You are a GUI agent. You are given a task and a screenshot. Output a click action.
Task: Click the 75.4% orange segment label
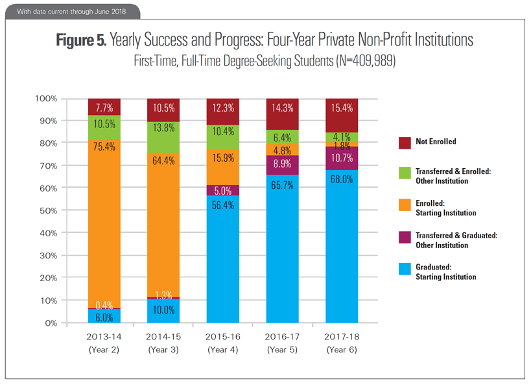104,147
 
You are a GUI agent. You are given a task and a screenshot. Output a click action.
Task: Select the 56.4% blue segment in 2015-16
222,260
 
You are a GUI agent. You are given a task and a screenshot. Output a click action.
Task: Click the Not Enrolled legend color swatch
403,141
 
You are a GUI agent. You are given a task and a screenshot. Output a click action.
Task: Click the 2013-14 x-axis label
104,337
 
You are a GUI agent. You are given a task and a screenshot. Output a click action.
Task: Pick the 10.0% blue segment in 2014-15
163,310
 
